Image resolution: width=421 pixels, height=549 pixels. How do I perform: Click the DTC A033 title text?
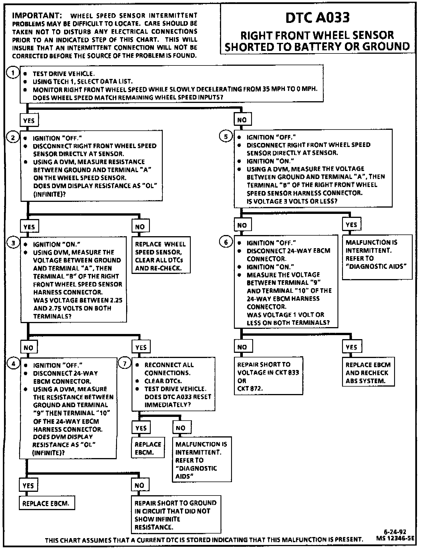317,18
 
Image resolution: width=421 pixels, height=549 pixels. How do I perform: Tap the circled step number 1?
13,73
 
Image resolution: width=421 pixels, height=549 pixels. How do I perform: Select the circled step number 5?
226,137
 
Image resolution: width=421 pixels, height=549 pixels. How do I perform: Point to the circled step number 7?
124,364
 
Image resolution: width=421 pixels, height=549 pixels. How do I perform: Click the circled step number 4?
13,364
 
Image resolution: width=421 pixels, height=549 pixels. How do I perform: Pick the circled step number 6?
226,242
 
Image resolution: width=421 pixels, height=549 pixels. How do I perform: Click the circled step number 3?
13,243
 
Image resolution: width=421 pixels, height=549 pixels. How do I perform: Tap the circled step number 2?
13,138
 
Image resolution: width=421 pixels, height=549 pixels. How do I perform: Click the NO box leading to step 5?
242,120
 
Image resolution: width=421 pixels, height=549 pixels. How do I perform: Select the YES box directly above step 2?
29,120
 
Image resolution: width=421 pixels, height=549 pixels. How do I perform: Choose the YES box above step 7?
141,347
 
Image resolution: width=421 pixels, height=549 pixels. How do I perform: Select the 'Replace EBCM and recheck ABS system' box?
368,373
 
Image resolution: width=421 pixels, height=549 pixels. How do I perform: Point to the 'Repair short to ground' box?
176,514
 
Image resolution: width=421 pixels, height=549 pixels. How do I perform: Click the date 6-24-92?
395,532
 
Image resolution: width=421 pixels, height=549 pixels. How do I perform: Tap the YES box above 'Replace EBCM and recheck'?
352,347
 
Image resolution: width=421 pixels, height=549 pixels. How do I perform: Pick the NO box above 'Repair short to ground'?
140,485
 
